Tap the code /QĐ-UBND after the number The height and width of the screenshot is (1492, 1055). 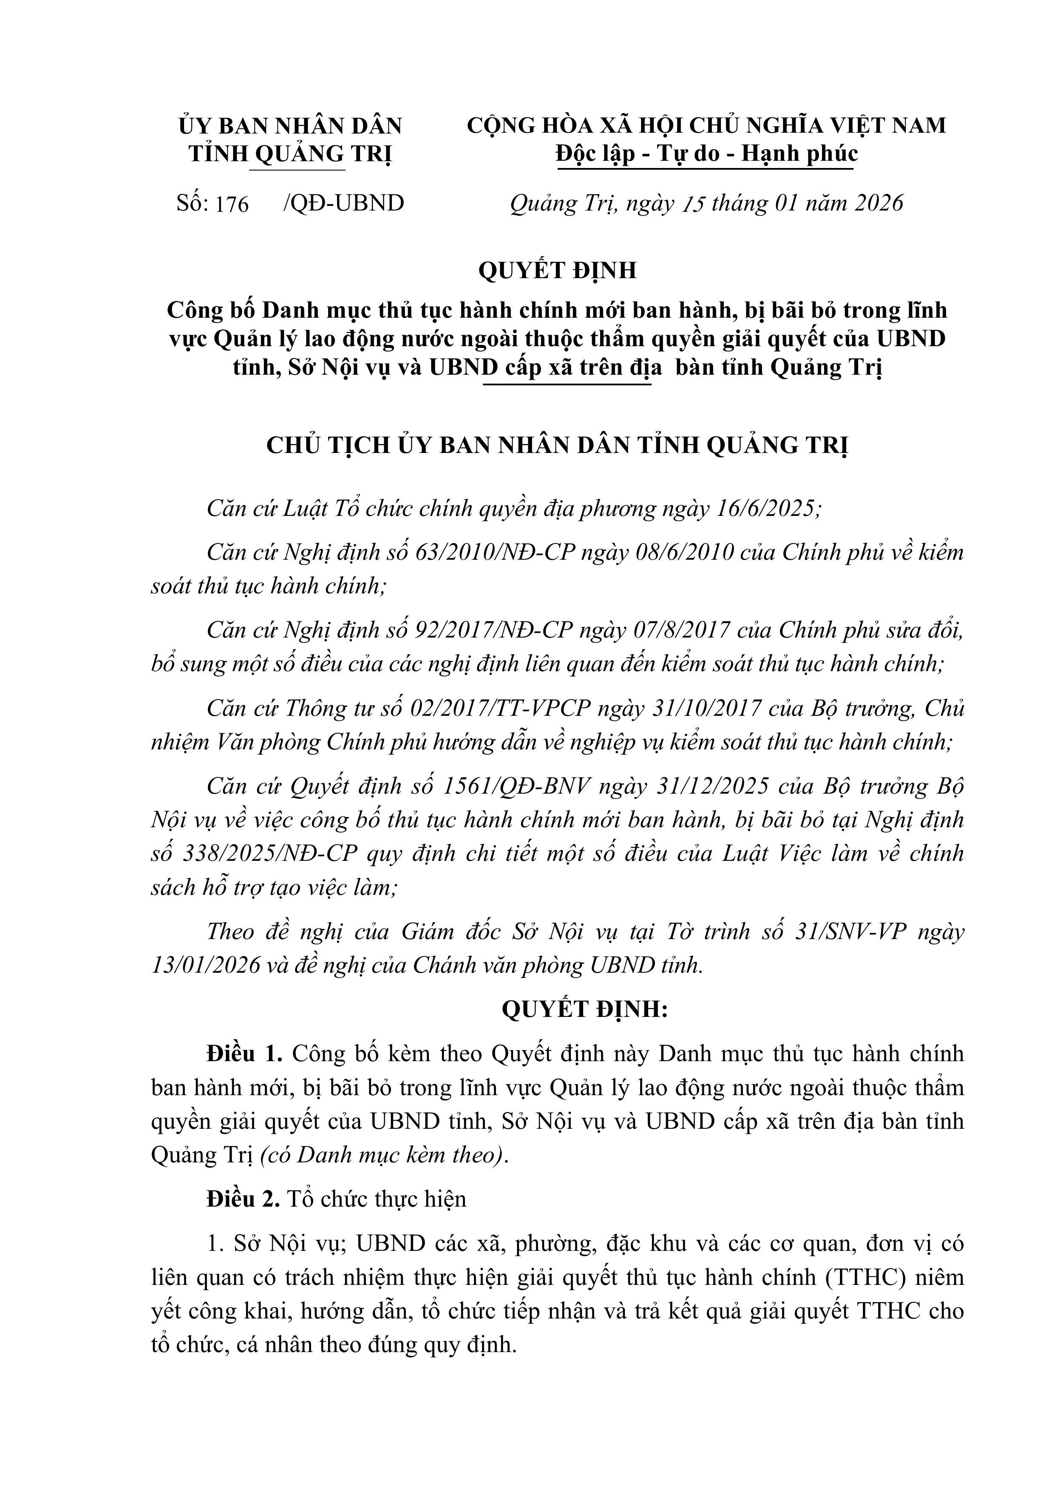click(x=343, y=203)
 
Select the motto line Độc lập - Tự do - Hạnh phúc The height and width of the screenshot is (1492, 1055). click(x=706, y=154)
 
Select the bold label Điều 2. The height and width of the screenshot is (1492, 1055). click(x=242, y=1198)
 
